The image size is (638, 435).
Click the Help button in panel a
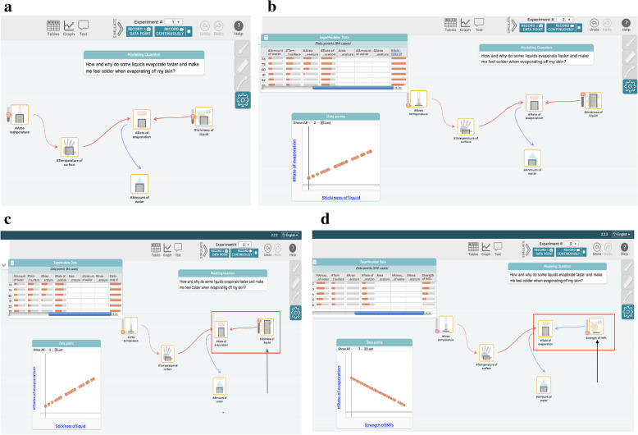238,26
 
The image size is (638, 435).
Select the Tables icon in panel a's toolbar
53,26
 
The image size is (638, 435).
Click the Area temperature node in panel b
417,101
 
